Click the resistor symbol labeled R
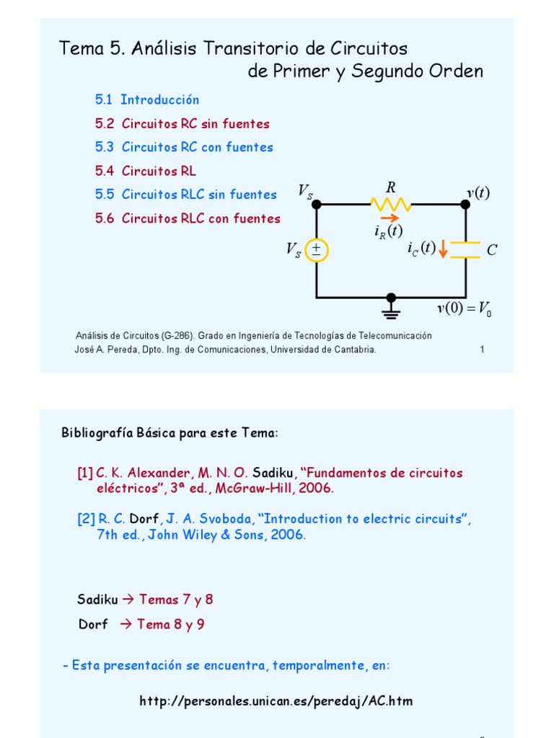tap(391, 204)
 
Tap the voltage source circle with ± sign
tap(316, 250)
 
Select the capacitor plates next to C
tap(465, 250)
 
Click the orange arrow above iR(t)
tap(388, 218)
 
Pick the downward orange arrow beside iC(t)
tap(443, 249)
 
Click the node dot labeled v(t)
tap(465, 204)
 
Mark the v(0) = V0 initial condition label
tap(465, 310)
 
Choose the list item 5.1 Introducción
tap(147, 99)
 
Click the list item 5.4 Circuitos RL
tap(146, 171)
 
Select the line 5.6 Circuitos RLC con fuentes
tap(188, 218)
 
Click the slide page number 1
tap(482, 350)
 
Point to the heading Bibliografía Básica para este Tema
tap(170, 433)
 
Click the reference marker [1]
tap(85, 473)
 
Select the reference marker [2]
tap(85, 519)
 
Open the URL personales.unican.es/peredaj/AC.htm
tap(276, 701)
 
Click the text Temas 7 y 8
tap(176, 600)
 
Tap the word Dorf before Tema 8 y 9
tap(93, 624)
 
